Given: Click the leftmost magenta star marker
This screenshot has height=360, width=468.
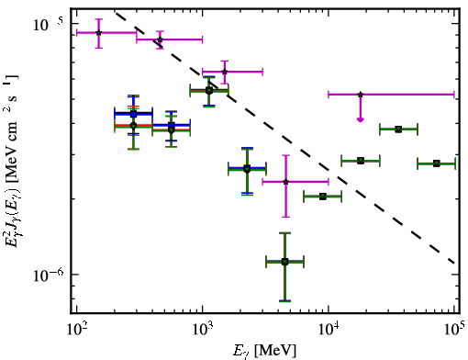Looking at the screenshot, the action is tap(98, 33).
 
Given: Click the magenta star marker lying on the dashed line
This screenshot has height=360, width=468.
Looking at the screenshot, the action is tap(160, 39).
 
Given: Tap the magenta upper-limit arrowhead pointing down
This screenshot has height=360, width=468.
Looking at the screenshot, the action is tap(361, 119).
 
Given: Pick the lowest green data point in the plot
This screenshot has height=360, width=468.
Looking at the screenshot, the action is tap(284, 262).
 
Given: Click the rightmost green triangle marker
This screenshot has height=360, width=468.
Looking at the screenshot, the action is tap(437, 163).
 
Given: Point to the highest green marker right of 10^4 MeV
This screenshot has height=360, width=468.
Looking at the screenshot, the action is tap(398, 129).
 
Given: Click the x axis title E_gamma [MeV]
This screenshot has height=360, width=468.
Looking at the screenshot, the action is tap(264, 351).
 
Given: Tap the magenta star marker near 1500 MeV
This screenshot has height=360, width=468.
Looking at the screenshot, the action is tap(225, 72).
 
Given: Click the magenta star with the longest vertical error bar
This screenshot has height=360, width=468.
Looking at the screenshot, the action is tap(285, 182).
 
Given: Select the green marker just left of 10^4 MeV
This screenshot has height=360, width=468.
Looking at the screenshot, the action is tap(323, 197).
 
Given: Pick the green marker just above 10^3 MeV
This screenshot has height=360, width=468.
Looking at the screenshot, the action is tap(209, 91).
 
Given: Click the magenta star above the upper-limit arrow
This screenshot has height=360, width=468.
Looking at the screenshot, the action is tap(361, 95).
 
